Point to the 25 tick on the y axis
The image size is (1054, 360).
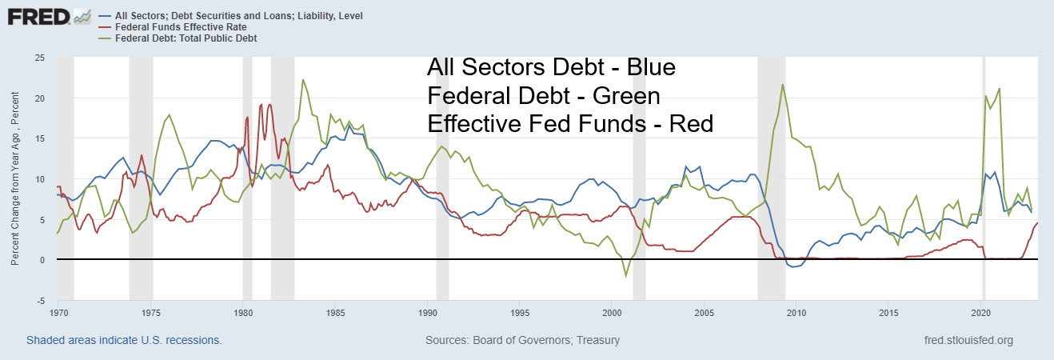point(38,58)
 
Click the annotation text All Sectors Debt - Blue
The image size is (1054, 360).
point(552,68)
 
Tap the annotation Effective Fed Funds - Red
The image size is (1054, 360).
point(570,124)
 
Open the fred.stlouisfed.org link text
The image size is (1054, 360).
point(968,340)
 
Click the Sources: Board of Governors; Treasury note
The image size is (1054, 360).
point(523,340)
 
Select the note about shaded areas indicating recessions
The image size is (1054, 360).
point(124,340)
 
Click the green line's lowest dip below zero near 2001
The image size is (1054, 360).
point(627,276)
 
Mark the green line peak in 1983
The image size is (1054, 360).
point(303,80)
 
